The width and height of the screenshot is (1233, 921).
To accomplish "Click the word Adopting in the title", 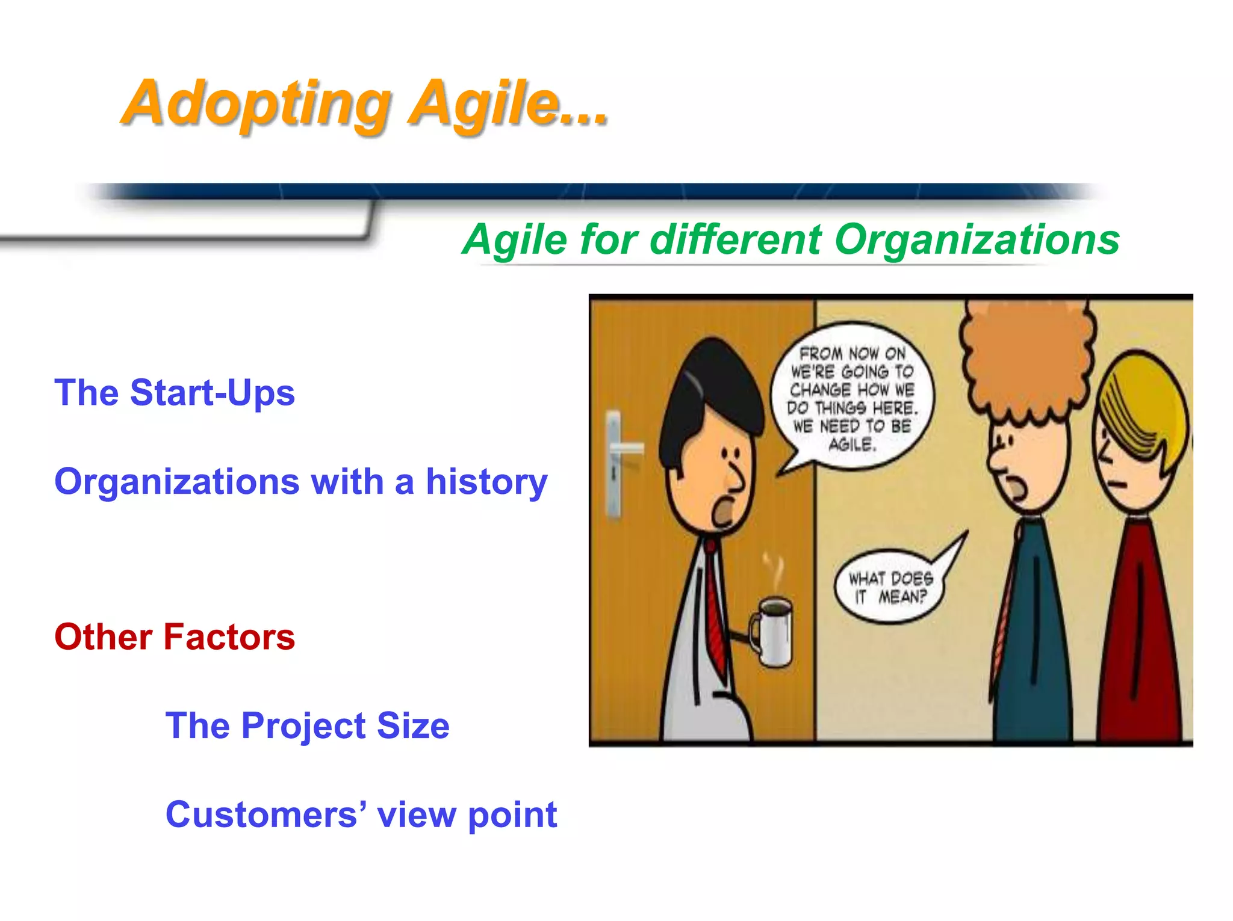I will [256, 103].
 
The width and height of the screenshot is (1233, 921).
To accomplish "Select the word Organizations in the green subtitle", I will [977, 240].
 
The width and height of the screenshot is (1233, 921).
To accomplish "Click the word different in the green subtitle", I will [736, 240].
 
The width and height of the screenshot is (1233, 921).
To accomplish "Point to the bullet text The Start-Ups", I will [175, 393].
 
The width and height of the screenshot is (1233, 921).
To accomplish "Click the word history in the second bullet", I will [486, 482].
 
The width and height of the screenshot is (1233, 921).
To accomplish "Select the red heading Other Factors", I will [175, 637].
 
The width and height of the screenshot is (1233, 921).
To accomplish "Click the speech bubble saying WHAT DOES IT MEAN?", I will [890, 587].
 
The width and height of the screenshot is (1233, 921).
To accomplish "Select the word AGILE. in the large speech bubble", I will [852, 445].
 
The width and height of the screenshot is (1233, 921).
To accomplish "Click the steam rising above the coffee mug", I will [772, 571].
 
